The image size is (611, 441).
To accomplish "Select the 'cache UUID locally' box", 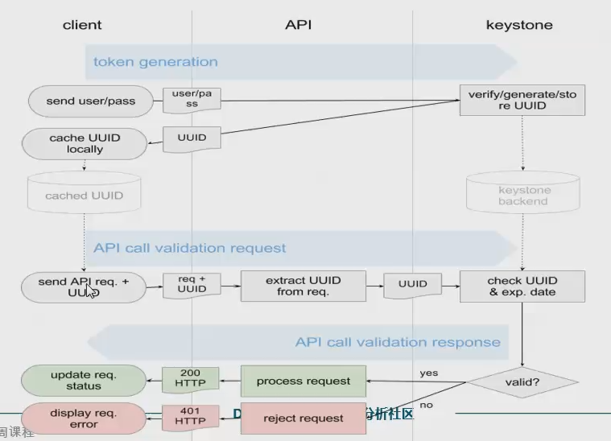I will tap(85, 143).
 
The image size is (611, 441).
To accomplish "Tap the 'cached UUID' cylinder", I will tap(84, 195).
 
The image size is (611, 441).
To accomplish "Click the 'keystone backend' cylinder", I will tap(523, 195).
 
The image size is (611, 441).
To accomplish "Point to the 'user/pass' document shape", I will tap(192, 99).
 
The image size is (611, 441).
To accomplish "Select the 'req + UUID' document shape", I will tap(192, 284).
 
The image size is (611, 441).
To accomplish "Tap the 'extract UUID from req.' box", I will tap(303, 286).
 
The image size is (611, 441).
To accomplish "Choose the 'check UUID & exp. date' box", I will tap(522, 286).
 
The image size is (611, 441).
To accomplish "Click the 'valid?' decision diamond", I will tap(522, 382).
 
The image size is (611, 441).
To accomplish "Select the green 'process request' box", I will tap(303, 381).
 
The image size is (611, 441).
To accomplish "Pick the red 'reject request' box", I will tap(303, 418).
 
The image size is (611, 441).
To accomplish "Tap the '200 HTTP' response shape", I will tap(191, 379).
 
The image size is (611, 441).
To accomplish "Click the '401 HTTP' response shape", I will tap(191, 417).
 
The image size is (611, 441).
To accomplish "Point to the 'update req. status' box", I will tap(84, 381).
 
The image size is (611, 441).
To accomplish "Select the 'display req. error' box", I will tap(84, 418).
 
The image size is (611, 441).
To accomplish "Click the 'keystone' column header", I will tap(519, 25).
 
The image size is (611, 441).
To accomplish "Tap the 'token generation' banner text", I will tap(155, 62).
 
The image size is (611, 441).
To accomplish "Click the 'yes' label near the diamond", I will tap(429, 373).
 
